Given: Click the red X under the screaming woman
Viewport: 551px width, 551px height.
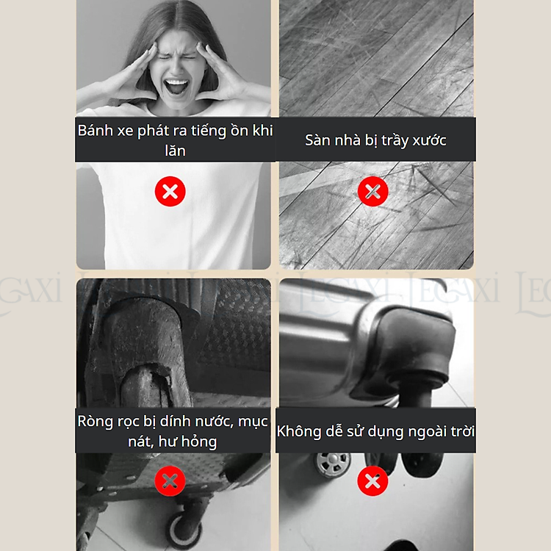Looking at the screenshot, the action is pyautogui.click(x=170, y=192).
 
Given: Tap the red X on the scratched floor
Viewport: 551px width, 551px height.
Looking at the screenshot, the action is pyautogui.click(x=372, y=192).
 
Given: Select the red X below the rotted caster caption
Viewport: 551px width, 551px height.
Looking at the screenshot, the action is pyautogui.click(x=170, y=481).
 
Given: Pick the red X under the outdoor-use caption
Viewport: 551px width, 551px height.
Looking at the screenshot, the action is pyautogui.click(x=372, y=481).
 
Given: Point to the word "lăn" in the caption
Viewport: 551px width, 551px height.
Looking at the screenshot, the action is pyautogui.click(x=175, y=151).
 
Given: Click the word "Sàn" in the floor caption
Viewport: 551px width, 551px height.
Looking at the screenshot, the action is pyautogui.click(x=317, y=140).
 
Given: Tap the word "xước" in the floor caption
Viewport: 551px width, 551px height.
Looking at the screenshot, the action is pyautogui.click(x=429, y=140).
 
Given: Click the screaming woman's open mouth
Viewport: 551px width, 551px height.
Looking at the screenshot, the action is pyautogui.click(x=176, y=87).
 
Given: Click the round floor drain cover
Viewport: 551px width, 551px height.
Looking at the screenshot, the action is pyautogui.click(x=333, y=464).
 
